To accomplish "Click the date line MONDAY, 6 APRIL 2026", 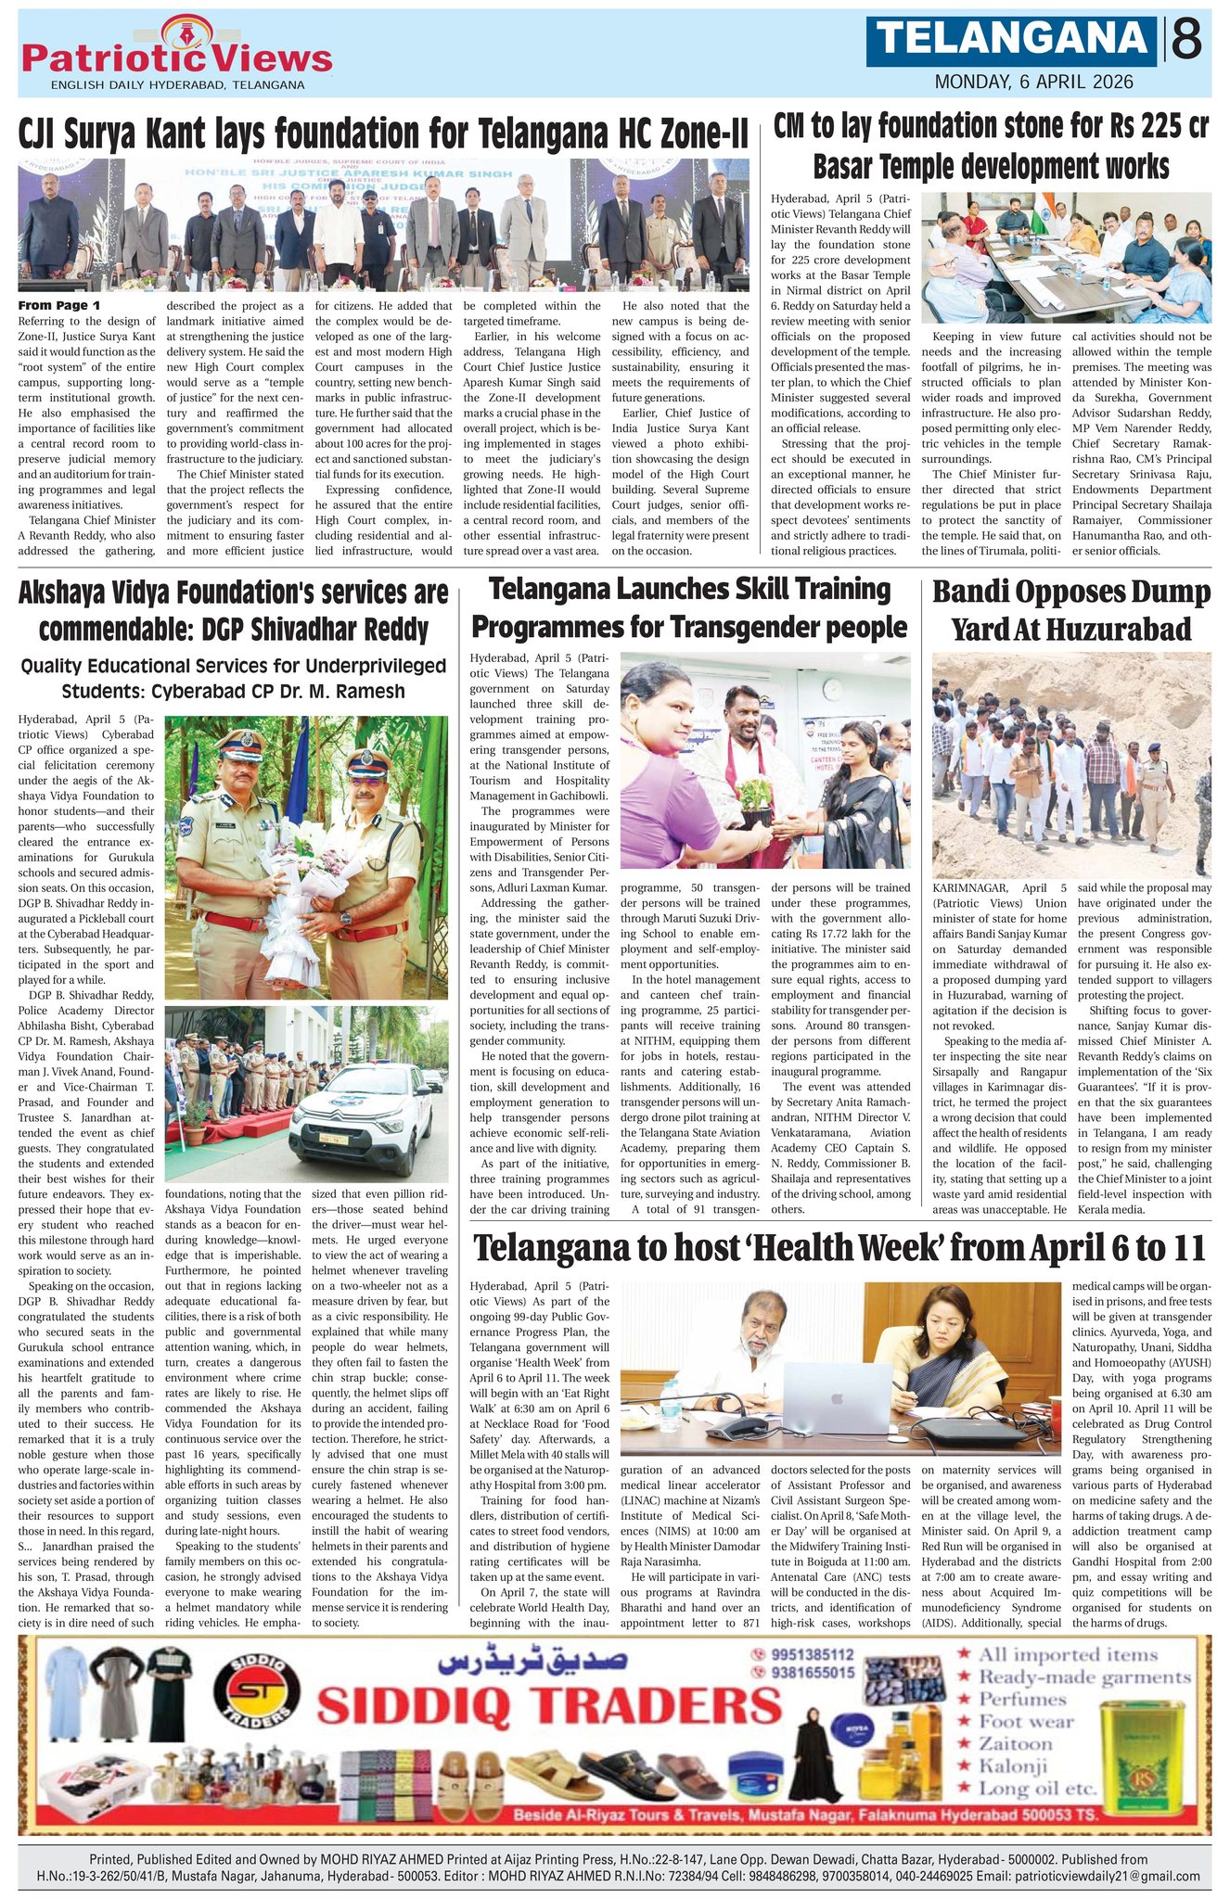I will (1033, 82).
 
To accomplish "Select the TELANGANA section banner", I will (1012, 40).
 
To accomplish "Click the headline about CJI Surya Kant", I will (383, 135).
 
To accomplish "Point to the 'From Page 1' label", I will (60, 306).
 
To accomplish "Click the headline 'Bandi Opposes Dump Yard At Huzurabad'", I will (1071, 611).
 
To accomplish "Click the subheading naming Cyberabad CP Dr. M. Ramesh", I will (234, 679).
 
